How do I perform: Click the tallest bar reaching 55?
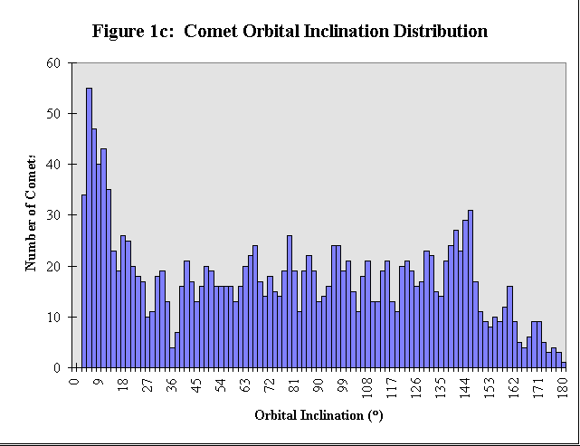click(89, 226)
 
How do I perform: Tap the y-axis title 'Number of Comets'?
click(32, 214)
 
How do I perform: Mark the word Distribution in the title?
click(438, 32)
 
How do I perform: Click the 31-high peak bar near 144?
click(471, 289)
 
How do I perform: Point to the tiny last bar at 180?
click(564, 365)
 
